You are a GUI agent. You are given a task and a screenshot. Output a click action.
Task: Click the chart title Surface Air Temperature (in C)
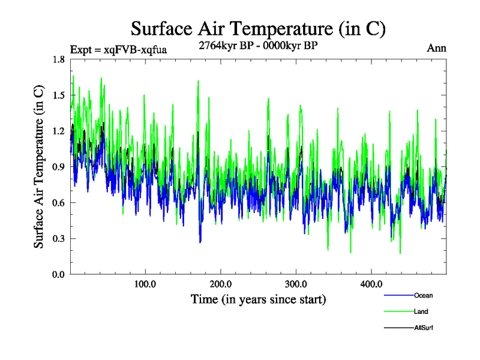click(x=258, y=28)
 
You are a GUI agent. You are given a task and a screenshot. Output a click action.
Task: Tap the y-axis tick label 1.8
click(x=59, y=59)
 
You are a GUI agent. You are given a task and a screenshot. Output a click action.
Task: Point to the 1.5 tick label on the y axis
click(x=59, y=95)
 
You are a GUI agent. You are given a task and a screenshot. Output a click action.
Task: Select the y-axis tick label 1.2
click(x=59, y=131)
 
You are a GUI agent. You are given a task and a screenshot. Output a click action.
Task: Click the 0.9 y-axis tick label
click(x=59, y=167)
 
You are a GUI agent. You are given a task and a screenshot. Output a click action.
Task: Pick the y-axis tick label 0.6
click(x=59, y=203)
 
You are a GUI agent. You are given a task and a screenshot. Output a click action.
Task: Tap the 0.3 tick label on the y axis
click(x=59, y=239)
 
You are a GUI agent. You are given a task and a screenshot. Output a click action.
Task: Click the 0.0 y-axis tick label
click(x=59, y=274)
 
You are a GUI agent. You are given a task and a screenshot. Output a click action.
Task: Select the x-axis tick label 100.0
click(x=145, y=284)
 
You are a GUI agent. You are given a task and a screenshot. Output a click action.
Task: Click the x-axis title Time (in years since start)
click(x=258, y=299)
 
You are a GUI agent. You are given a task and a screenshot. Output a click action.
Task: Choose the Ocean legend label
click(x=423, y=295)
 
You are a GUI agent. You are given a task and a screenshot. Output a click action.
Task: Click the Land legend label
click(x=421, y=311)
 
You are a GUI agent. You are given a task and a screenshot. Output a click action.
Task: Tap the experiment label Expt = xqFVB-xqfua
click(x=118, y=49)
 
